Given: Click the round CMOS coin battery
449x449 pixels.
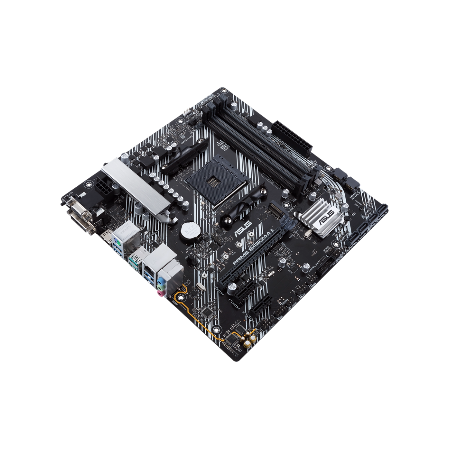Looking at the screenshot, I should click(x=186, y=231).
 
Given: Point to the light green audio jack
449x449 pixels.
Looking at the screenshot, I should click(x=161, y=287).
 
